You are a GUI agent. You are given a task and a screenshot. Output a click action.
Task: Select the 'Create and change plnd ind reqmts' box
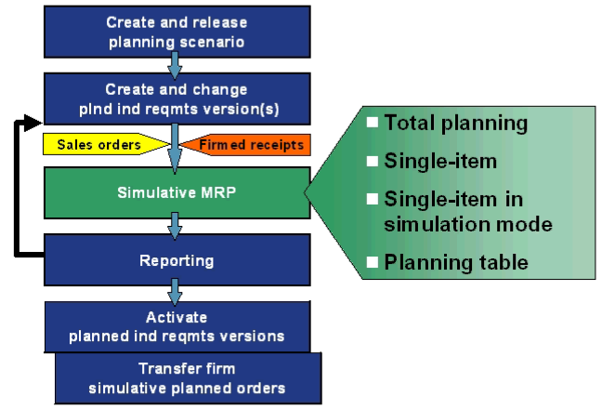point(176,99)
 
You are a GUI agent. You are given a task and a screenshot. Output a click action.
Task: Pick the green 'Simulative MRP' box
point(176,192)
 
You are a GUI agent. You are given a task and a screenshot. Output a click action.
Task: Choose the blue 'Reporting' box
point(176,261)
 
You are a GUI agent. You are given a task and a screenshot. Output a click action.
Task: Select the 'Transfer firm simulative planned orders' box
point(188,377)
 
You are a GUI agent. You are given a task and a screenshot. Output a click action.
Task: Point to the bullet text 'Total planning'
point(455,122)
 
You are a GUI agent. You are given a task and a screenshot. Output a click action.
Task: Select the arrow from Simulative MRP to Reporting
point(174,227)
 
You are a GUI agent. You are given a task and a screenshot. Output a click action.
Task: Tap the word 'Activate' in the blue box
point(176,317)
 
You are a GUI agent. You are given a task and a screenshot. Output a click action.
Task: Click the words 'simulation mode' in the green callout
point(468,224)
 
